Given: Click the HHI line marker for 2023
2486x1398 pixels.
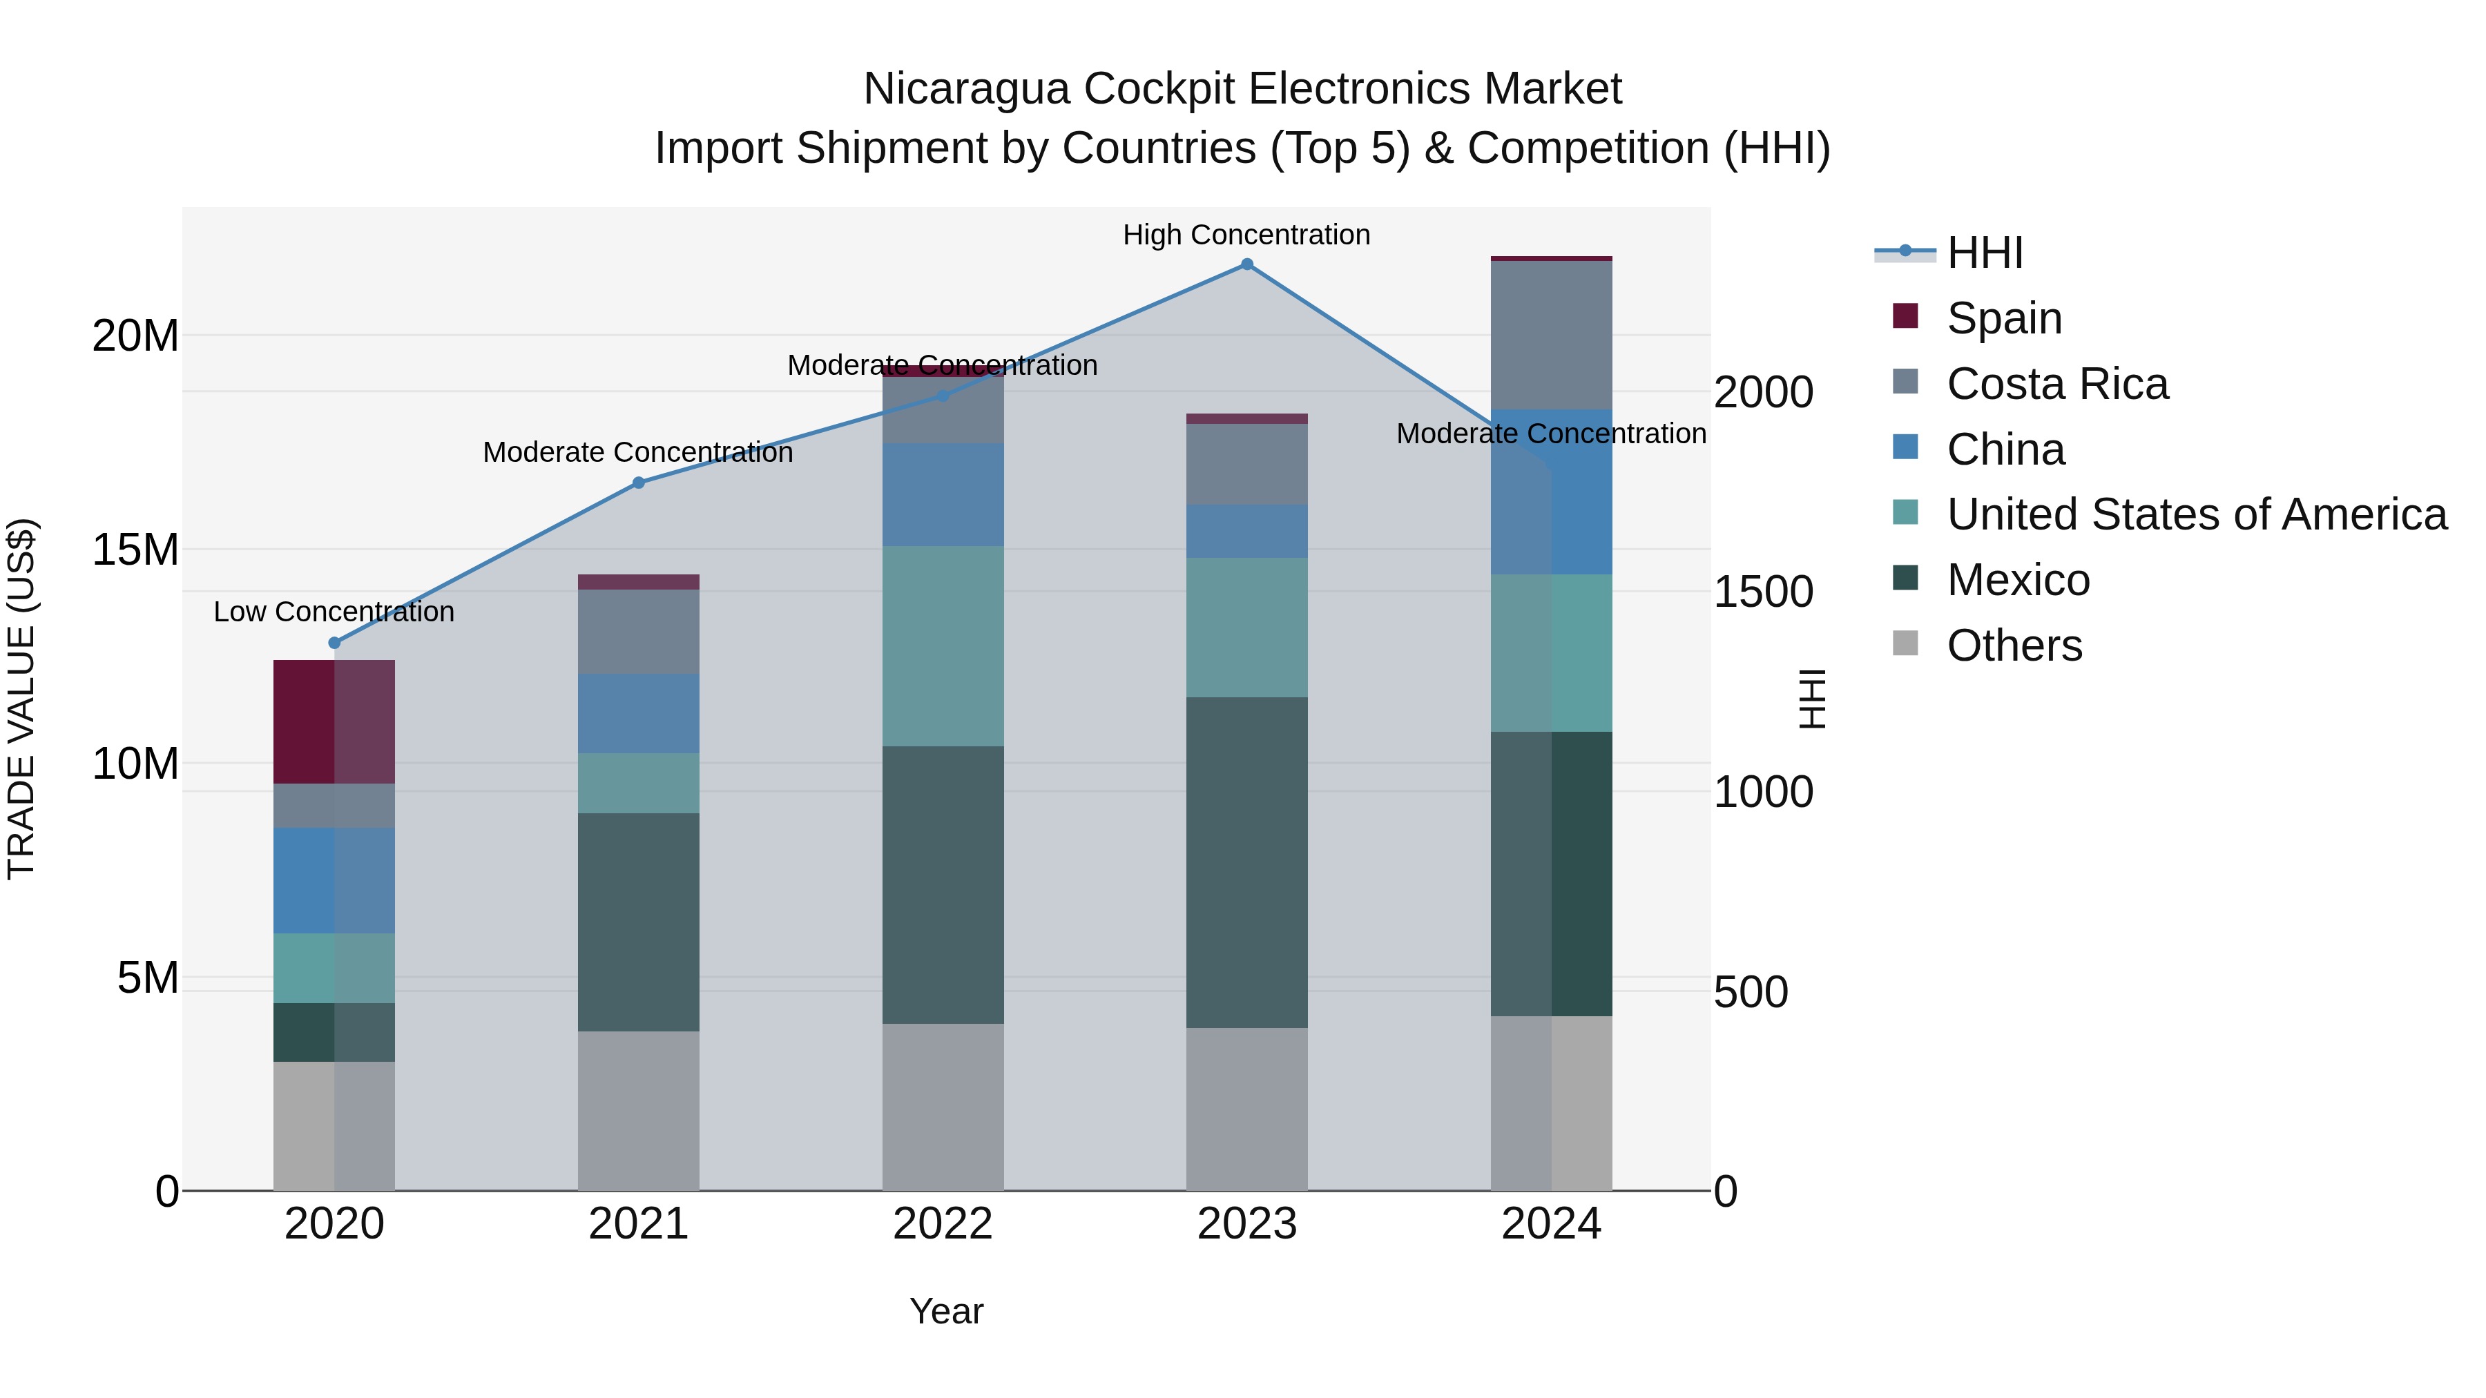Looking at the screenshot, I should (x=1247, y=264).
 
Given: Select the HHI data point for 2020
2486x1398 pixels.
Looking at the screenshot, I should (x=335, y=643).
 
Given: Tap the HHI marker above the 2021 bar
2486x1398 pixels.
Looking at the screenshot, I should (x=639, y=483).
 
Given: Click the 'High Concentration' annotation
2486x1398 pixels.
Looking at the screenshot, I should (x=1246, y=235).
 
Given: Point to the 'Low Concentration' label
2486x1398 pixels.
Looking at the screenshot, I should (x=334, y=612).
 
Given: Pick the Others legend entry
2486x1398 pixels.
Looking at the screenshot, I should (x=2014, y=645).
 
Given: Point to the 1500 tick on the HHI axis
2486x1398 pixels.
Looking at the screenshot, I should (x=1763, y=592).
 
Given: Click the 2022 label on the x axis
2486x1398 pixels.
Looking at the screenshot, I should (x=943, y=1224).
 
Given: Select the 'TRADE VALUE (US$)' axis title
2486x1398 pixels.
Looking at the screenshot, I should (x=21, y=699).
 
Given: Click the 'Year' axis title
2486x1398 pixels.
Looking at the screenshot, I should (x=947, y=1311).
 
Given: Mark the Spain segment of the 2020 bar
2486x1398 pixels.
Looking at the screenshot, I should (x=334, y=721).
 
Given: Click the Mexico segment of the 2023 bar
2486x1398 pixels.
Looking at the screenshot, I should (x=1247, y=862).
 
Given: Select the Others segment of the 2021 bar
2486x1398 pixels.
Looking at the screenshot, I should (x=639, y=1111).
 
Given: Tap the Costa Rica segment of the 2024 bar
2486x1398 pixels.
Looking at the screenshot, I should (x=1551, y=335).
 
